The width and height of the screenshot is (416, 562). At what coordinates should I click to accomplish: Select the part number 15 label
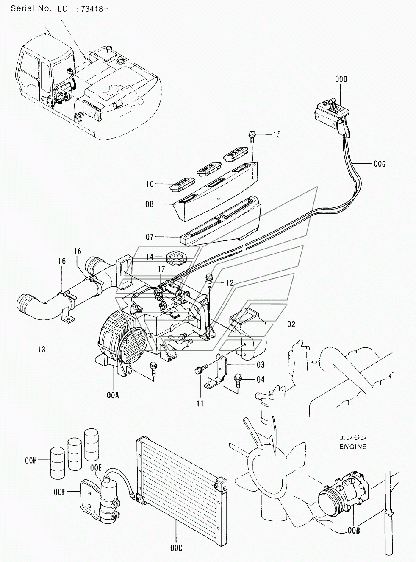click(276, 135)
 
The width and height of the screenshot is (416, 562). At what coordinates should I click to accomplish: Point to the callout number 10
click(149, 184)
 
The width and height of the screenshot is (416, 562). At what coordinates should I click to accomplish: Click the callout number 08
click(149, 204)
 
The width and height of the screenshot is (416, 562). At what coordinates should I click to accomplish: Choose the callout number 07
click(149, 237)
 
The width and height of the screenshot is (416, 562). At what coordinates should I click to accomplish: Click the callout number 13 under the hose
click(41, 349)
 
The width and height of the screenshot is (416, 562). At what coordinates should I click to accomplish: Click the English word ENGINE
click(352, 447)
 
